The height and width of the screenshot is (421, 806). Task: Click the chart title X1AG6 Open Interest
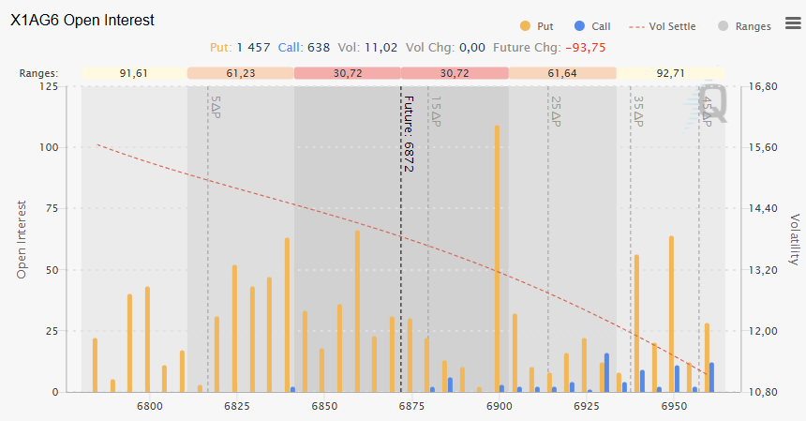(82, 20)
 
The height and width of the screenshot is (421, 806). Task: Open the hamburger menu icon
(792, 23)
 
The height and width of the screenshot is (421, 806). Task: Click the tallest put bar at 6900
(497, 258)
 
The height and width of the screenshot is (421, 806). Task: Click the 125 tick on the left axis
(46, 86)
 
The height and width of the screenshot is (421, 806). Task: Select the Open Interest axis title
(22, 239)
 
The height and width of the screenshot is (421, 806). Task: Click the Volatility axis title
(794, 239)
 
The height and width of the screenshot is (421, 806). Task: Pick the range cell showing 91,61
(134, 73)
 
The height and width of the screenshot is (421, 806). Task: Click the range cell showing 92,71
(670, 73)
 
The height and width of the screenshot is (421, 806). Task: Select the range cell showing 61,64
(562, 73)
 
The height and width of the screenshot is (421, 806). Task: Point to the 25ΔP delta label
(556, 111)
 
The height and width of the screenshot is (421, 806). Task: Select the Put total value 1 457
(252, 47)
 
